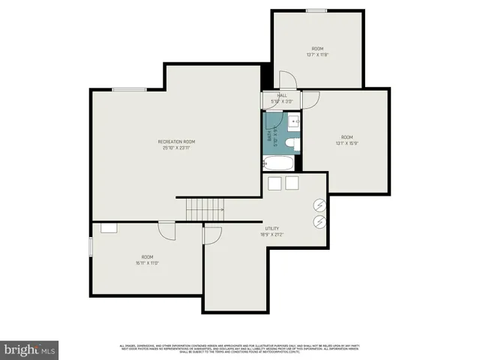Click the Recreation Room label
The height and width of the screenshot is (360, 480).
pos(177,142)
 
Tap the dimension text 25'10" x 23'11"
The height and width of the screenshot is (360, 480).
pos(177,148)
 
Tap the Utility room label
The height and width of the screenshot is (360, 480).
pos(272,229)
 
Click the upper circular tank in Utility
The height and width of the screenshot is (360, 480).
pos(319,204)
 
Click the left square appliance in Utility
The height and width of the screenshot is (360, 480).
pos(274,184)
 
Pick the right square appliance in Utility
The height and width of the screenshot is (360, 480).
pos(291,184)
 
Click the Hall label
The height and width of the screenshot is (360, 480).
pos(282,95)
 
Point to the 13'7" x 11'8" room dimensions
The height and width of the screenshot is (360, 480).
pos(318,55)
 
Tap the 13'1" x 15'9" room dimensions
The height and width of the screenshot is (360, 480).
pos(346,143)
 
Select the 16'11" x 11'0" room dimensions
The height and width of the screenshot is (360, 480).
pos(148,262)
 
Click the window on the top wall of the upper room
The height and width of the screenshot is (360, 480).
pos(316,10)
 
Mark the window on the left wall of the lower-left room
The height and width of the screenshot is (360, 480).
pos(91,246)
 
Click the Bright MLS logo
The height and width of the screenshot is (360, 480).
pos(30,350)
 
